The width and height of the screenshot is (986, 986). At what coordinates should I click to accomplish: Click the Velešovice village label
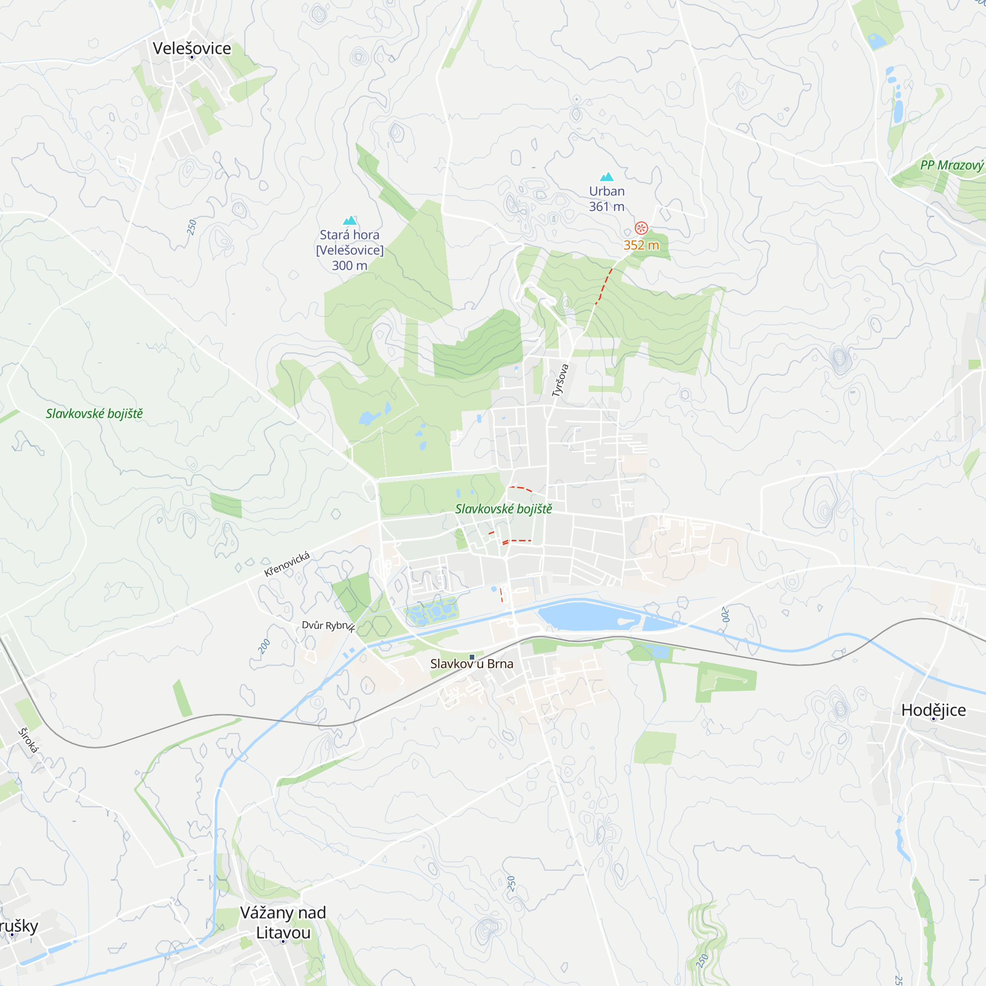click(192, 48)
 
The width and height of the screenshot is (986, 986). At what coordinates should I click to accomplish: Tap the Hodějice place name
click(933, 710)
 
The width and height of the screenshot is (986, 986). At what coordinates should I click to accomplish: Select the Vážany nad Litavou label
click(283, 922)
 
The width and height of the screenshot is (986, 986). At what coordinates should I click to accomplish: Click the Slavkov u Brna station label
click(472, 664)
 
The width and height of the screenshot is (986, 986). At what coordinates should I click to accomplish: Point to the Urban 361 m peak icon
click(606, 177)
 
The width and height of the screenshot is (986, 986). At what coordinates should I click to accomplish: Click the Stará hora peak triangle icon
click(350, 220)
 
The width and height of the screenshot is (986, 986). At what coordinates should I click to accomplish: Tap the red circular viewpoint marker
click(641, 228)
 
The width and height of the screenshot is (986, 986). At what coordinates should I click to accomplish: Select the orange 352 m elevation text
click(641, 245)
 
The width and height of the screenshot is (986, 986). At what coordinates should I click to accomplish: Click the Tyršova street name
click(560, 380)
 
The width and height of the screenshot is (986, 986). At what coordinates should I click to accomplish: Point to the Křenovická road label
click(287, 564)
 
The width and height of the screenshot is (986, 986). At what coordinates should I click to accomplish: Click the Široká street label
click(28, 740)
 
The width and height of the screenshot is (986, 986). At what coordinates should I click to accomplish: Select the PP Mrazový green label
click(952, 165)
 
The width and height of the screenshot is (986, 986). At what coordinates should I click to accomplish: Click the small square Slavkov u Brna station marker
click(472, 657)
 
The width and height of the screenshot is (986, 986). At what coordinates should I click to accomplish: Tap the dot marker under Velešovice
click(192, 57)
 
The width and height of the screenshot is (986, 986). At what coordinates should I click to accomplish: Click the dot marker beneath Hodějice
click(933, 719)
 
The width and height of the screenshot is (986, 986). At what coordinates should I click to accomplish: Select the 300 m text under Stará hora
click(350, 265)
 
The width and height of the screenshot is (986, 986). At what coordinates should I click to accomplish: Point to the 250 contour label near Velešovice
click(191, 227)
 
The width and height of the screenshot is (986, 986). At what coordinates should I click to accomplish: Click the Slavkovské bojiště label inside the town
click(503, 509)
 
